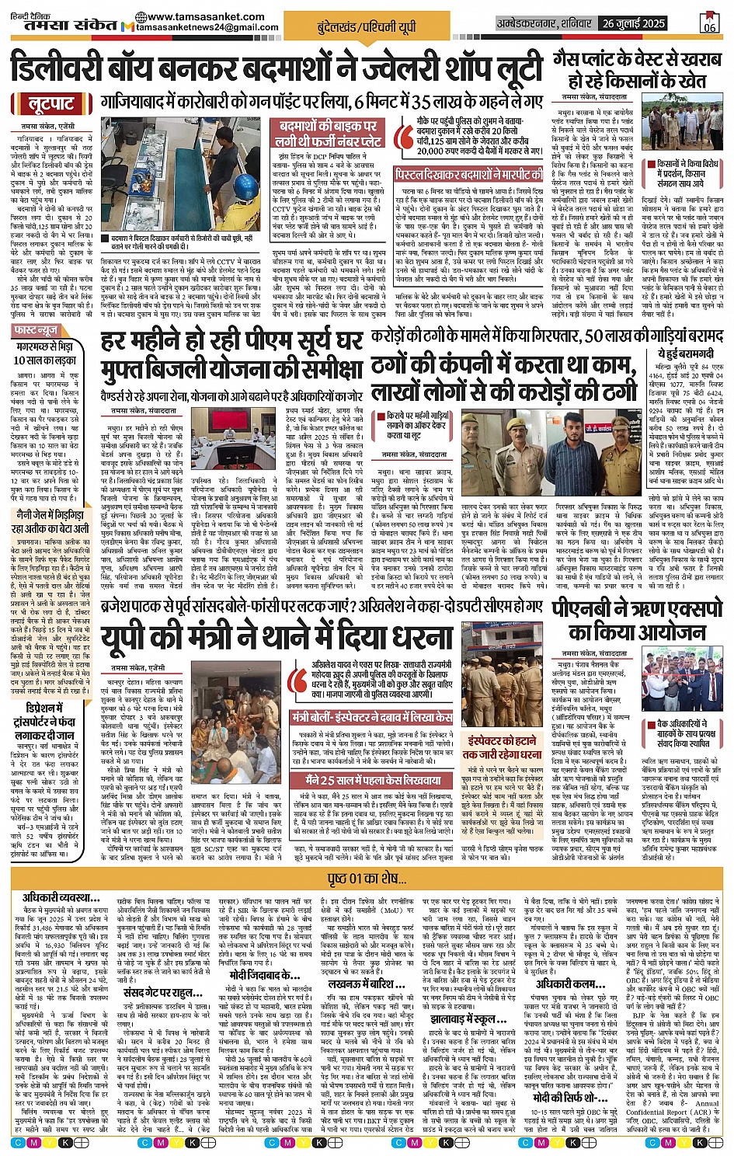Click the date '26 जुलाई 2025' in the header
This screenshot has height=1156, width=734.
coord(634,23)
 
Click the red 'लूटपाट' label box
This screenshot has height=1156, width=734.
coord(50,104)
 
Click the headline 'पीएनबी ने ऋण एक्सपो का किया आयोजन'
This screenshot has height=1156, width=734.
coord(636,619)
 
